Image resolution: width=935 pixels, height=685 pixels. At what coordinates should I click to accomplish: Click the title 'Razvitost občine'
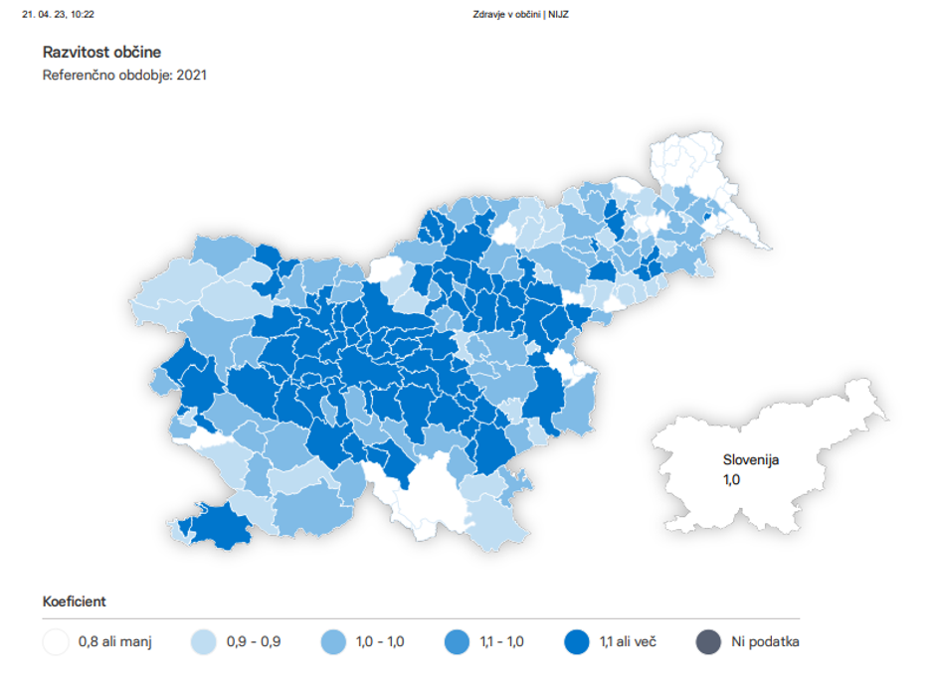(x=101, y=52)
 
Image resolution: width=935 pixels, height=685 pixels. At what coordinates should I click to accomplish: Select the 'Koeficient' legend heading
(x=75, y=601)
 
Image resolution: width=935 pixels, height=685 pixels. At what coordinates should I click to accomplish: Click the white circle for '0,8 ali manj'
(x=56, y=641)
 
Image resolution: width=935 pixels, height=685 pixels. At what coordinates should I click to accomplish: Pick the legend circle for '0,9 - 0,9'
(x=204, y=641)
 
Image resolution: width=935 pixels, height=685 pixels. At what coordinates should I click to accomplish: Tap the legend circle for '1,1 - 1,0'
(x=458, y=641)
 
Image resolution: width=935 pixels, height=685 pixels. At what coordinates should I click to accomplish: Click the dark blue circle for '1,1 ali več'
(x=577, y=641)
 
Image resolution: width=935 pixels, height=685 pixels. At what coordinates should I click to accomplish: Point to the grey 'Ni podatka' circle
(x=707, y=641)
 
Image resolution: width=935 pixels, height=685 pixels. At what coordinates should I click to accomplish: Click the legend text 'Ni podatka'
(x=765, y=641)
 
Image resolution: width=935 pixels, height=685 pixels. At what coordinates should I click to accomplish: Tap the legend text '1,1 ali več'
(x=628, y=641)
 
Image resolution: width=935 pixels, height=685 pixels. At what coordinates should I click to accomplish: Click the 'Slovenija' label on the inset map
(x=751, y=460)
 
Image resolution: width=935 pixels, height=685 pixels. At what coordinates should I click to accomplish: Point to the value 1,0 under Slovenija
(x=732, y=479)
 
